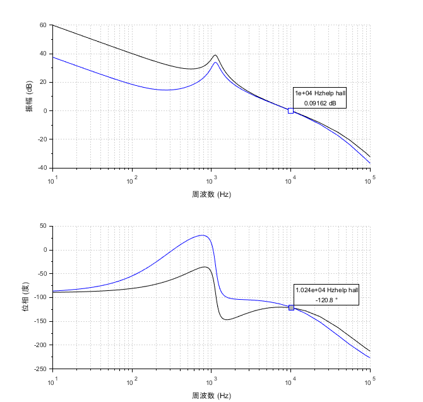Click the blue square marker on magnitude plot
(x=290, y=110)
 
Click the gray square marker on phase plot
(x=291, y=307)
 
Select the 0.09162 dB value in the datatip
(x=320, y=102)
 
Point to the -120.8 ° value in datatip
(x=326, y=299)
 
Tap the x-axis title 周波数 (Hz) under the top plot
(x=211, y=194)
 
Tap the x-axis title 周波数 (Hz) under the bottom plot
(x=211, y=395)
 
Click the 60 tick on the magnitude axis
(x=43, y=25)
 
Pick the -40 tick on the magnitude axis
(x=42, y=168)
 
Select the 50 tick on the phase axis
(x=43, y=226)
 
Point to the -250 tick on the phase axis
(x=39, y=369)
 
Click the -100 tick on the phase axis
(x=39, y=297)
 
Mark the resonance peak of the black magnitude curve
(x=215, y=56)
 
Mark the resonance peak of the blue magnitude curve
(x=215, y=62)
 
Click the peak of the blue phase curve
(x=202, y=235)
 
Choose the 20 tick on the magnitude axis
(x=43, y=82)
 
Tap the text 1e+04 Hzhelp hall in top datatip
(x=320, y=93)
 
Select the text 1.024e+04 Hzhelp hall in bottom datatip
(x=326, y=290)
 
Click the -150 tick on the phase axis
(x=39, y=321)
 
